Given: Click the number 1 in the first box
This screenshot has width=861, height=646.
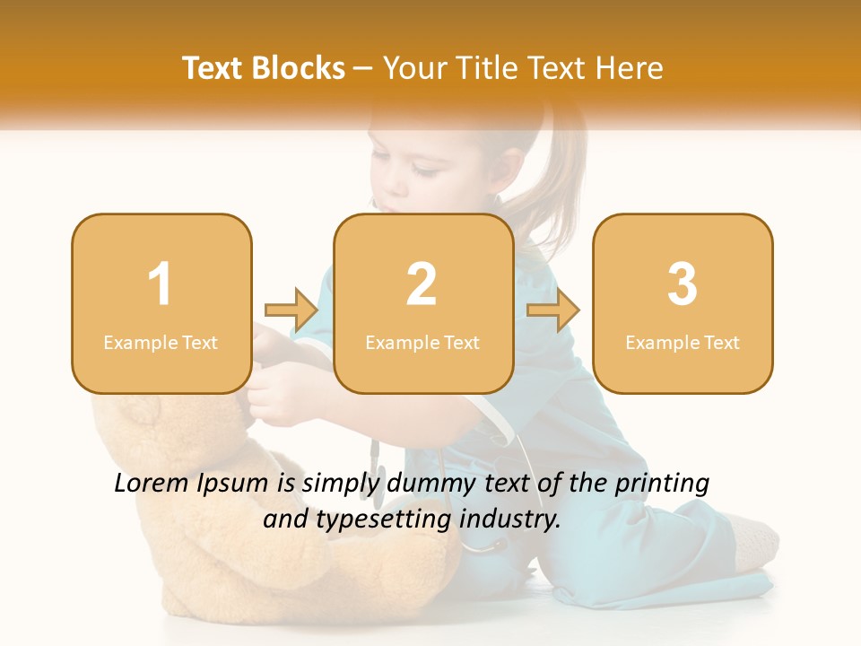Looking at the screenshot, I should click(161, 284).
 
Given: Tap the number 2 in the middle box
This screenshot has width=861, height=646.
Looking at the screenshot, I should click(422, 284).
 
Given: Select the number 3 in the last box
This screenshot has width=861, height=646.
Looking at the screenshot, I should click(683, 284).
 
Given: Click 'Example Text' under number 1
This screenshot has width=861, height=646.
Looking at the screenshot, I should click(161, 343).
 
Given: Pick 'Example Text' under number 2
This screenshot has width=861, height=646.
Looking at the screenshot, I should click(422, 343).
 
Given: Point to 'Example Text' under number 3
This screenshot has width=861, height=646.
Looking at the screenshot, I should click(683, 343).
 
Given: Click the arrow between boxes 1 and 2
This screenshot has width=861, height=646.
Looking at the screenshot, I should click(291, 310).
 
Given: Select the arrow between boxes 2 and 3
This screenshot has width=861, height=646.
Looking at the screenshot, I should click(553, 310).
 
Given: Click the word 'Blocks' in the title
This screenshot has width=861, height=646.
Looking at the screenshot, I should click(298, 68).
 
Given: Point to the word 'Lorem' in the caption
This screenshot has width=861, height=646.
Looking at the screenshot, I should click(151, 484).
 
